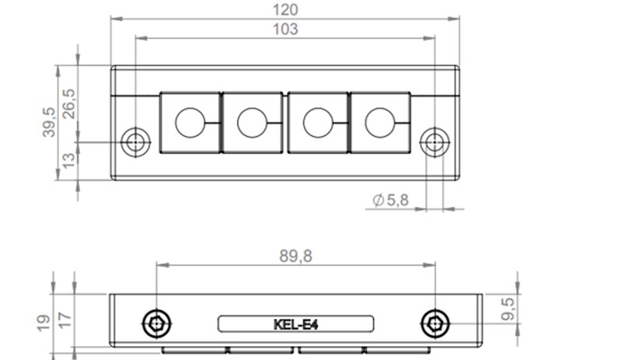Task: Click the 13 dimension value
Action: coord(69,161)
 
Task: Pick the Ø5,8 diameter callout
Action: coord(391,201)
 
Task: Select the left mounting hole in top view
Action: coord(136,142)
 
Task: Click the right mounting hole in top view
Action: coord(432,142)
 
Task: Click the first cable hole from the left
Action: coord(189,122)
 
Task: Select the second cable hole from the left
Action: coord(251,122)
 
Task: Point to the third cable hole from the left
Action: coord(317,122)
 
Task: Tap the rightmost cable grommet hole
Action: coord(379,122)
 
